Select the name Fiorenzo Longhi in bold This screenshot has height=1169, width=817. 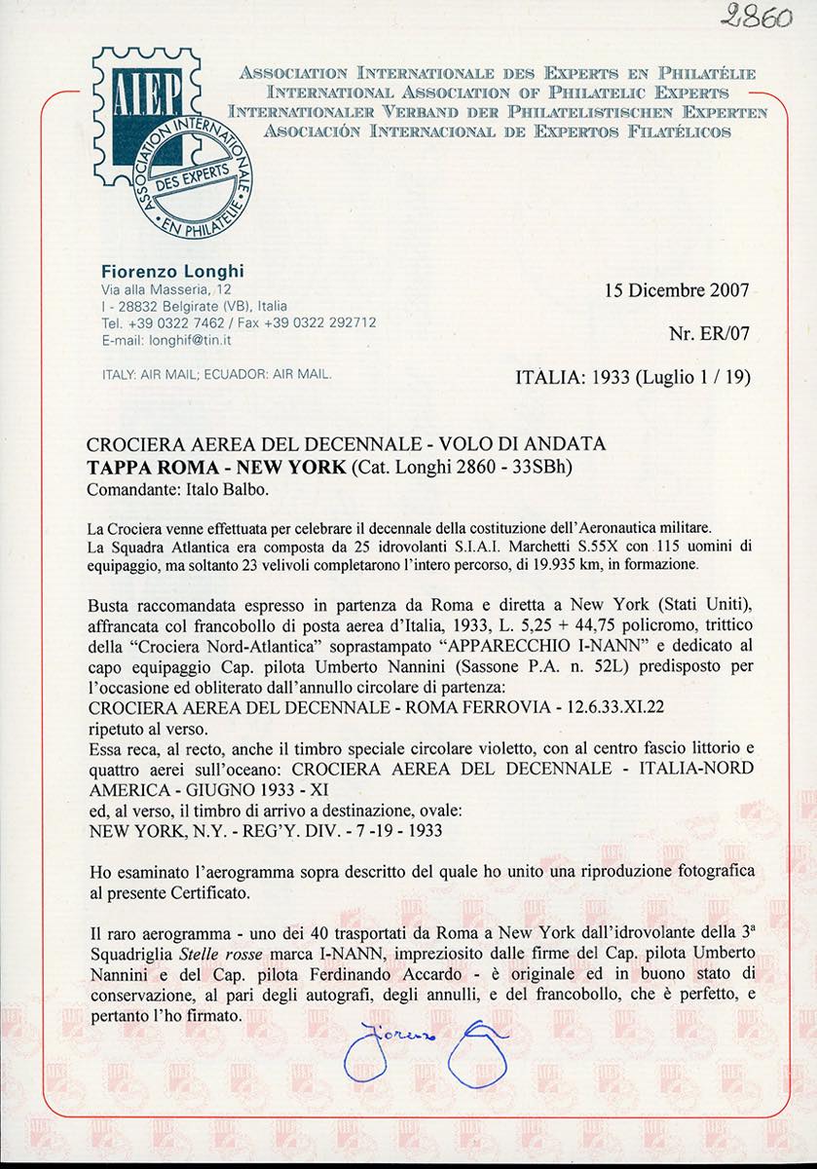point(159,272)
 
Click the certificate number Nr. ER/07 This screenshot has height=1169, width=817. point(709,333)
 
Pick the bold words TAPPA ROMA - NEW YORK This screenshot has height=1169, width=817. point(215,467)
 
